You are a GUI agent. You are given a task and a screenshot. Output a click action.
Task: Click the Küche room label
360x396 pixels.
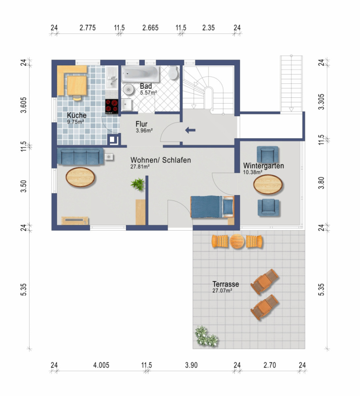pyautogui.click(x=76, y=115)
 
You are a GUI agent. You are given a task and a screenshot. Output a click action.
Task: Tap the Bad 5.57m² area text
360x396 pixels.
pyautogui.click(x=148, y=93)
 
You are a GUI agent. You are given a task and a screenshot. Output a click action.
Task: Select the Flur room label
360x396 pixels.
pyautogui.click(x=142, y=124)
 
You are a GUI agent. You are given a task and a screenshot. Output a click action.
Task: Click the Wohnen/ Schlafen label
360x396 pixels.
pyautogui.click(x=161, y=160)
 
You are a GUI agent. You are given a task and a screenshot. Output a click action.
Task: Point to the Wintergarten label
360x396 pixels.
pyautogui.click(x=263, y=166)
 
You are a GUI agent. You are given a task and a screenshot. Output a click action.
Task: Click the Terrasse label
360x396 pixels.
pyautogui.click(x=225, y=284)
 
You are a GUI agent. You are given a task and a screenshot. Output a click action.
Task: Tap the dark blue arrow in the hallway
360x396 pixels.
pyautogui.click(x=190, y=130)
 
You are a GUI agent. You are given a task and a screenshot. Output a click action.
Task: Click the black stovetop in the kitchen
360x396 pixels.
pyautogui.click(x=112, y=106)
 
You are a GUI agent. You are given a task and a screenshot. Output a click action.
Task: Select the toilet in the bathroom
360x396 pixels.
pyautogui.click(x=173, y=72)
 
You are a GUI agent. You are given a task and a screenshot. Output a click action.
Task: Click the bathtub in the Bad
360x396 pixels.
pyautogui.click(x=140, y=74)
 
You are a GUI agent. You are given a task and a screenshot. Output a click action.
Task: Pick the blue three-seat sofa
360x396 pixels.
pyautogui.click(x=80, y=156)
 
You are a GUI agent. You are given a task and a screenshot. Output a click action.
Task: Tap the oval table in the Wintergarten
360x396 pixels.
pyautogui.click(x=268, y=184)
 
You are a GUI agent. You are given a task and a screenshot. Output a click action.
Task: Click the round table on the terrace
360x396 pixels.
pyautogui.click(x=237, y=241)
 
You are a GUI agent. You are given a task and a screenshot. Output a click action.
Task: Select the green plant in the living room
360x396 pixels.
pyautogui.click(x=138, y=184)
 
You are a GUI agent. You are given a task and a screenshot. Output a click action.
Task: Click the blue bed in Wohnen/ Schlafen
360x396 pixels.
pyautogui.click(x=212, y=207)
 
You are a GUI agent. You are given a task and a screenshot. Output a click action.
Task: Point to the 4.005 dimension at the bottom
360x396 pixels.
pyautogui.click(x=101, y=365)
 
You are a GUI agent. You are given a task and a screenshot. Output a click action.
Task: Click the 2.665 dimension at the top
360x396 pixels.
pyautogui.click(x=150, y=27)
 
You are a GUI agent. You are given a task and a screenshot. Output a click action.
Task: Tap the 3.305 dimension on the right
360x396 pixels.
pyautogui.click(x=321, y=102)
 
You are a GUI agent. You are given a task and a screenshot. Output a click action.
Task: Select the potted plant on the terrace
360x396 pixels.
pyautogui.click(x=206, y=336)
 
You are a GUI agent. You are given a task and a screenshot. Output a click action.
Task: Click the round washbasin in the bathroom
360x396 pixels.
pyautogui.click(x=129, y=89)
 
